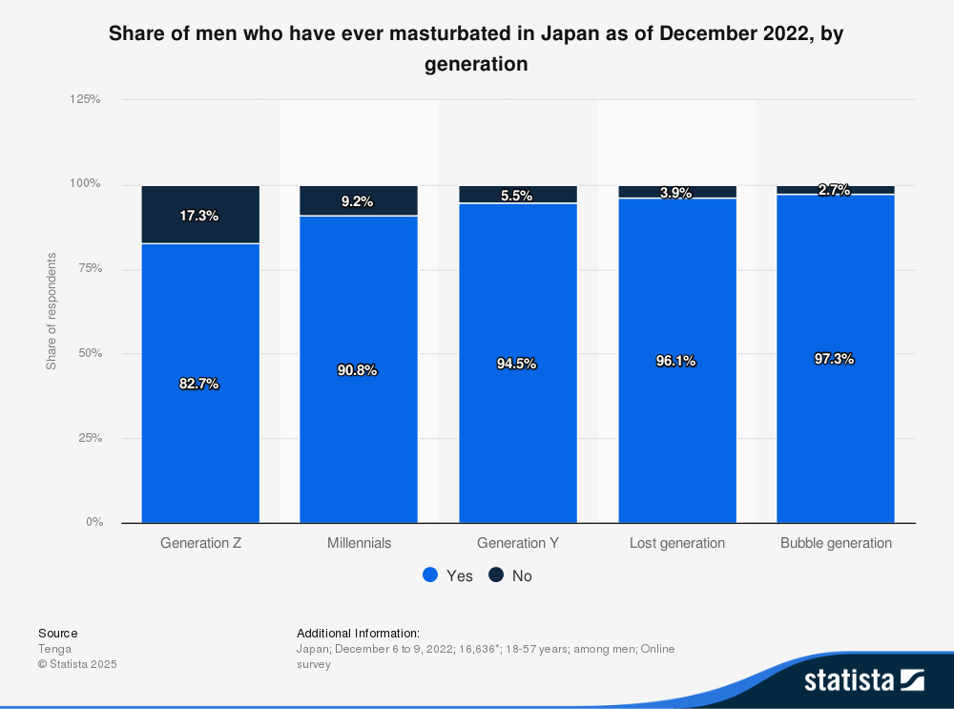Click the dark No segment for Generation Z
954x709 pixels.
200,215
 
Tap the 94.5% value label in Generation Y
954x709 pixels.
516,364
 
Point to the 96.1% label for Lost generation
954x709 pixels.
675,361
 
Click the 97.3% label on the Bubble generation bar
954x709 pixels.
834,359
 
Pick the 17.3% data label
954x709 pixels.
199,216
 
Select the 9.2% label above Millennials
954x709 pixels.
358,202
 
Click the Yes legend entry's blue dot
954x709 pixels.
430,575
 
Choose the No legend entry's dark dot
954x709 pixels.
496,575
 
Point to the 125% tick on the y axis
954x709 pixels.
85,99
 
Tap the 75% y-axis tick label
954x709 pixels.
89,268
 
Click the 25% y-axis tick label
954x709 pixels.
89,438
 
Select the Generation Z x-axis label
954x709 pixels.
200,543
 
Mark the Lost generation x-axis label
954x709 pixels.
677,543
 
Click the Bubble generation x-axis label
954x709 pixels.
836,543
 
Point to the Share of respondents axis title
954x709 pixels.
52,311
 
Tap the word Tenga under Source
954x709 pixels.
54,649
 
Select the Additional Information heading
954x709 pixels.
358,633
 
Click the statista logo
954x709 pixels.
863,680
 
